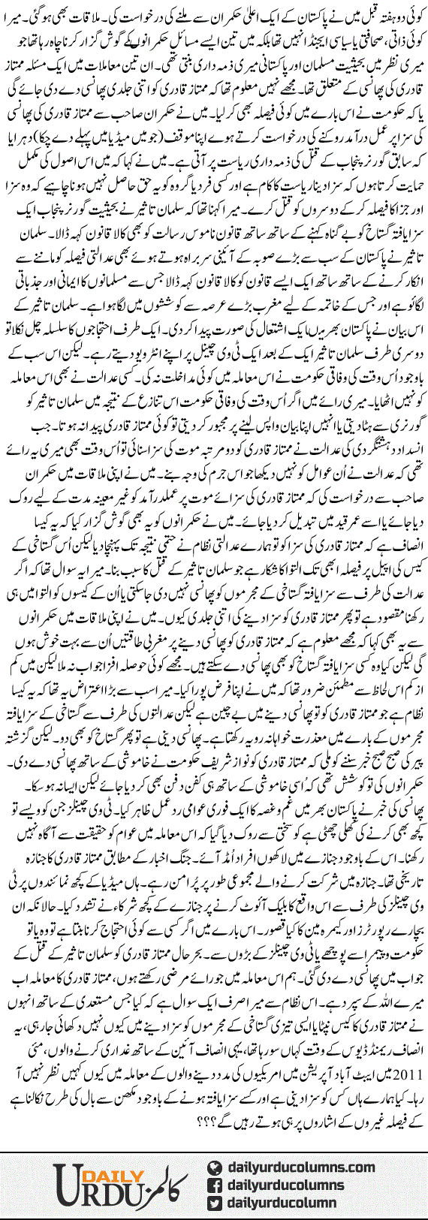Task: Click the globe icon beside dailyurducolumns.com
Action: pos(215,1167)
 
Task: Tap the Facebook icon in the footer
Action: pos(215,1185)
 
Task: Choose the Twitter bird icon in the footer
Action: pos(215,1203)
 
